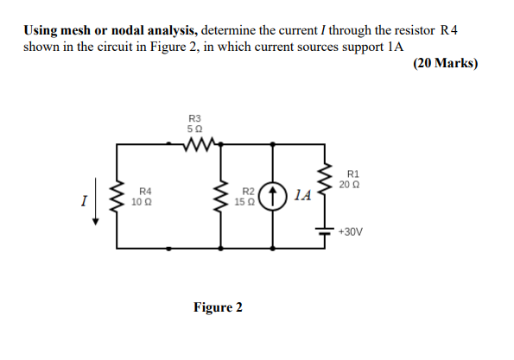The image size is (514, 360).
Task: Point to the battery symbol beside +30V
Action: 326,231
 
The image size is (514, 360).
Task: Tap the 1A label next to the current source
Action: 299,196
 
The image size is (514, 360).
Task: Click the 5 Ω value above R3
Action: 194,128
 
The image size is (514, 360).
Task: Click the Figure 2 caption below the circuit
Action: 217,307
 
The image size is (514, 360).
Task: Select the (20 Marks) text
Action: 446,63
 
